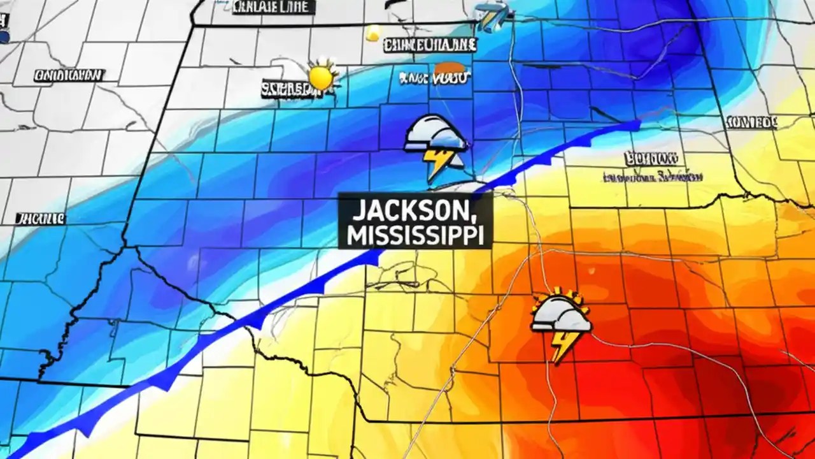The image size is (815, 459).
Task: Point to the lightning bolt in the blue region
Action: pyautogui.click(x=439, y=163)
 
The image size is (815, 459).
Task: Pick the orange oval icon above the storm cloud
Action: pyautogui.click(x=449, y=68)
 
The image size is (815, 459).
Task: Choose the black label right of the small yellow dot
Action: pyautogui.click(x=430, y=45)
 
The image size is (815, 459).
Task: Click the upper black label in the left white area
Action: pyautogui.click(x=68, y=75)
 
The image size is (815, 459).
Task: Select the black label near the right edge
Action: pyautogui.click(x=752, y=122)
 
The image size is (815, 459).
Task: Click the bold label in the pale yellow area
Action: pyautogui.click(x=651, y=157)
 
